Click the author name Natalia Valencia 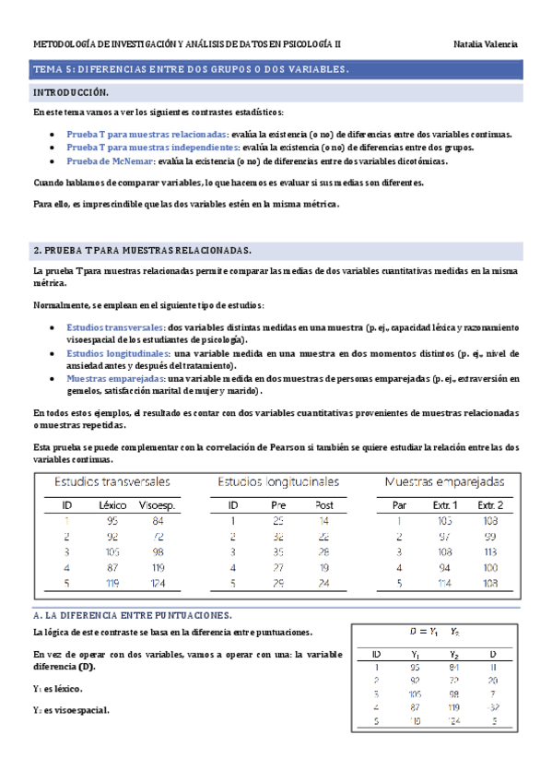coord(486,44)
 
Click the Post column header coord(324,505)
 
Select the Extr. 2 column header coord(490,505)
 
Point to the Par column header coord(399,505)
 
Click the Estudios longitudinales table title coord(278,481)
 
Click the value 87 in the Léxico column coord(112,567)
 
